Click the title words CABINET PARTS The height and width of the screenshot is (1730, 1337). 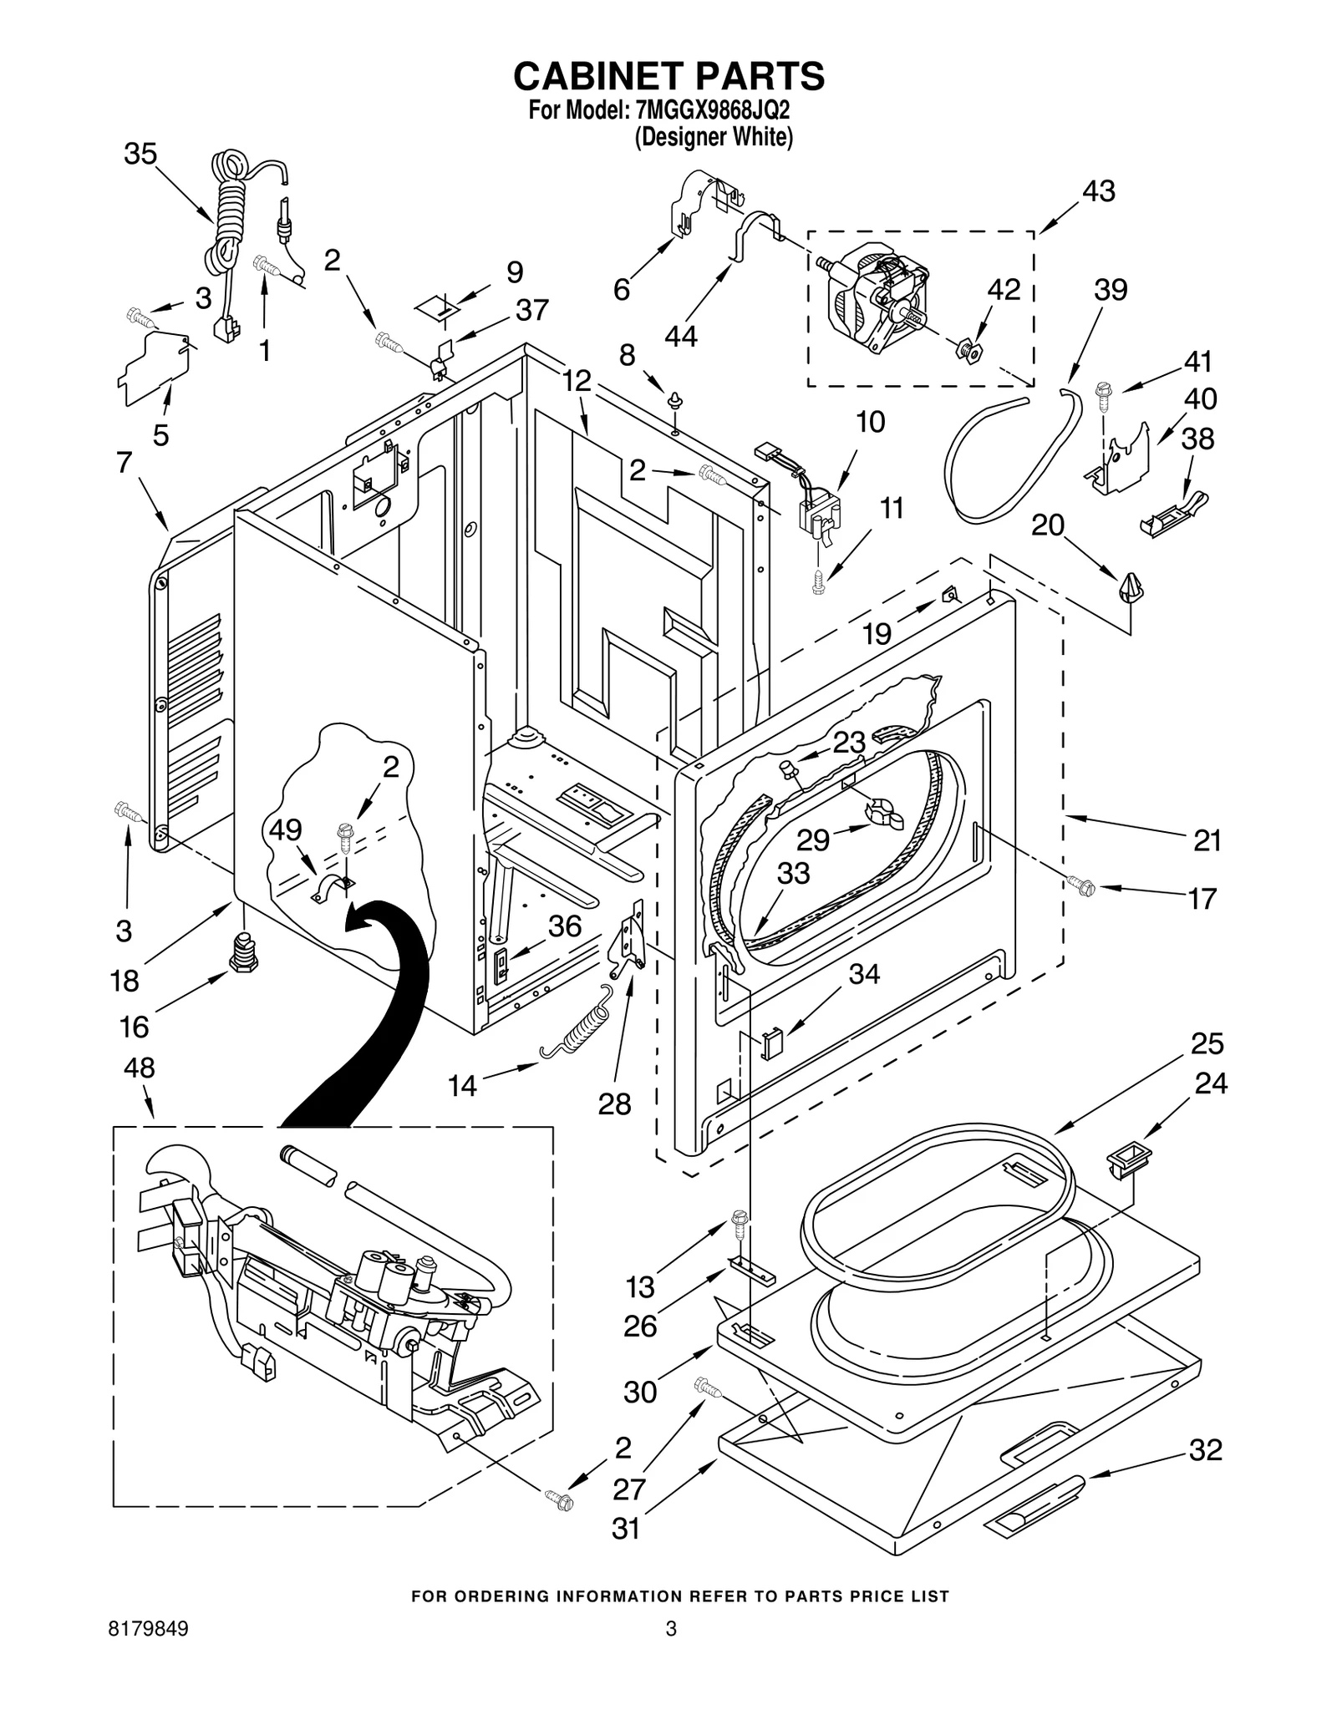point(668,76)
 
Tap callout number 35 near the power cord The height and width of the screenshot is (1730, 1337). point(140,155)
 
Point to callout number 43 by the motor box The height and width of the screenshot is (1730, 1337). point(1098,191)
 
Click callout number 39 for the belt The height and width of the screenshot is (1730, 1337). point(1111,290)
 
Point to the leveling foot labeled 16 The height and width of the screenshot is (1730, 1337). point(243,952)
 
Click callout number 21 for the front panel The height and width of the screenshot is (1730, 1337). point(1207,840)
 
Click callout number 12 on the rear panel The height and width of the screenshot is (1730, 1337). point(577,381)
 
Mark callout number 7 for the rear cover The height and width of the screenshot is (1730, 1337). point(125,462)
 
